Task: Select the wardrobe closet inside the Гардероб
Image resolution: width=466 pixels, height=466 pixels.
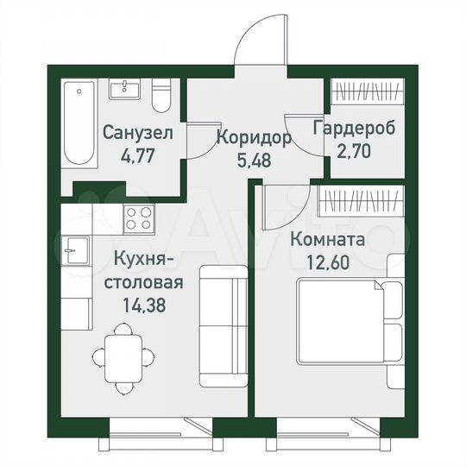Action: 368,91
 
